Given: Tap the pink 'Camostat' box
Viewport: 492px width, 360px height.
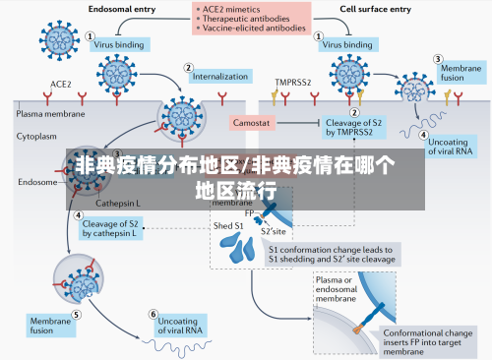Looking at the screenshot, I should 253,123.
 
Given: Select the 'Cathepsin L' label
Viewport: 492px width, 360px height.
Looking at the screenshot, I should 117,203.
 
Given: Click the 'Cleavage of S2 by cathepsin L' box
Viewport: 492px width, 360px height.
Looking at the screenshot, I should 109,229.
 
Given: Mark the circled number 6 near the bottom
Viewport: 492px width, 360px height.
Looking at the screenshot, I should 154,315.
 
